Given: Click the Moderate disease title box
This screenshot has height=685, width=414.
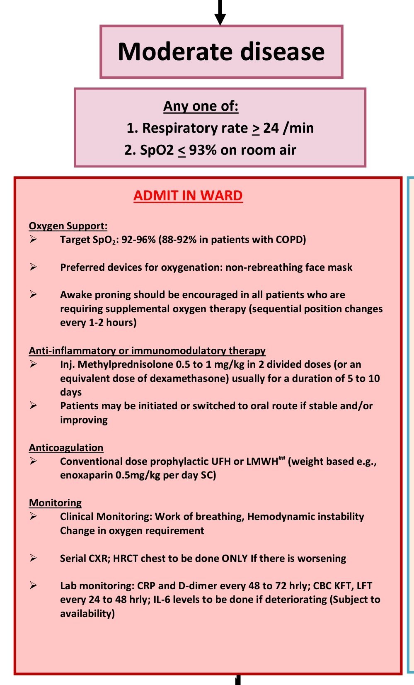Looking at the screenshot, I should click(x=221, y=52).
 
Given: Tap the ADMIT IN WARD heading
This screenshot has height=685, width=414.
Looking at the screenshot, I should click(x=188, y=195).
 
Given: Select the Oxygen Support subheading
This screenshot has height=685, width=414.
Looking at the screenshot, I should click(x=68, y=226).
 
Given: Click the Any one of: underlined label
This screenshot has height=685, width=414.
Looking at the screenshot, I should click(x=201, y=106).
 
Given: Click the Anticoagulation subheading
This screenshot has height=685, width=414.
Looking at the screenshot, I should click(x=66, y=448).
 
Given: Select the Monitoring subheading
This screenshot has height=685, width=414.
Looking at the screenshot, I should click(x=55, y=503).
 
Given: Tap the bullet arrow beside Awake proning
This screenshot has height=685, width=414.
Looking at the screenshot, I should click(x=33, y=294).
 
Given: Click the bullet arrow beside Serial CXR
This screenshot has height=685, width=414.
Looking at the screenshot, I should click(x=33, y=558).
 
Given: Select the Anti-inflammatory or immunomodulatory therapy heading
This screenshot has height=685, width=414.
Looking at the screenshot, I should click(x=147, y=351).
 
